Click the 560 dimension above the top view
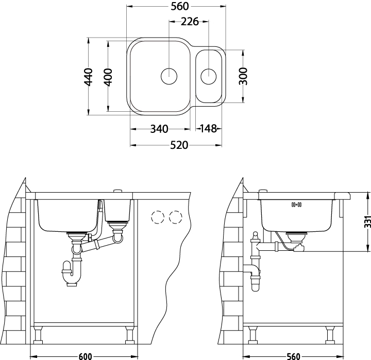click(x=180, y=6)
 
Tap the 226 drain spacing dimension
click(x=190, y=22)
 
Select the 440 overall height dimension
click(x=89, y=77)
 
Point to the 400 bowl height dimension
click(x=108, y=77)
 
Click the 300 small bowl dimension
click(x=243, y=76)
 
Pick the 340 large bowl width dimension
click(x=159, y=129)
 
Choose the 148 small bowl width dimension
click(x=209, y=129)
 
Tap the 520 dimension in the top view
click(x=179, y=145)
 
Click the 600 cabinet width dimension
click(x=85, y=356)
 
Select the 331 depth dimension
click(x=367, y=222)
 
